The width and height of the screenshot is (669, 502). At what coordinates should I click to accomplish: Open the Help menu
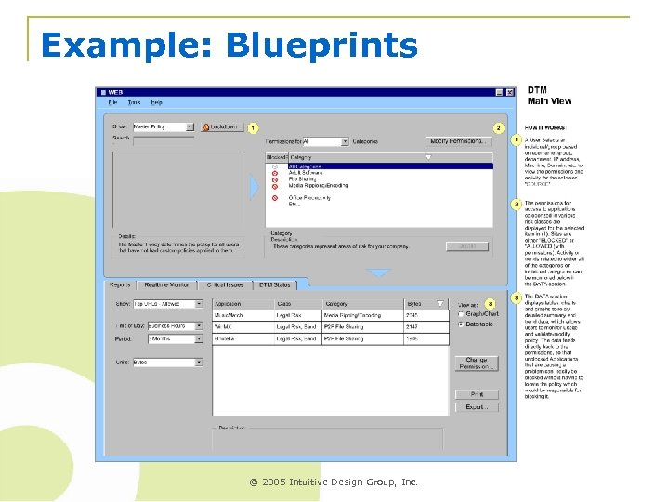pos(156,102)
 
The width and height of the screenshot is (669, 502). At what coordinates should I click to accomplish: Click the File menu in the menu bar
pos(112,102)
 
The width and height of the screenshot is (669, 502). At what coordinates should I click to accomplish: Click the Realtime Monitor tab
pos(167,284)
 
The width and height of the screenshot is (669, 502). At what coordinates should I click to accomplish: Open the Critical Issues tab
pos(225,284)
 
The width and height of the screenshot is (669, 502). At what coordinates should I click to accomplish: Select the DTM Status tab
pos(275,284)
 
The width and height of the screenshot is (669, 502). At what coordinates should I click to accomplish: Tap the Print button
pos(477,394)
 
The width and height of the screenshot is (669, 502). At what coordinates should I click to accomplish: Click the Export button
pos(477,407)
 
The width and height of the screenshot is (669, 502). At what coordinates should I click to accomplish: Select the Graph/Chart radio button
pos(461,313)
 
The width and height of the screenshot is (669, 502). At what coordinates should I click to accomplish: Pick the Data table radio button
pos(461,324)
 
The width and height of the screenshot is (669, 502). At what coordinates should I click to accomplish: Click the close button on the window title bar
pos(509,92)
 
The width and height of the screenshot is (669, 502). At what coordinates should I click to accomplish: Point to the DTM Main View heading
pos(549,96)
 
